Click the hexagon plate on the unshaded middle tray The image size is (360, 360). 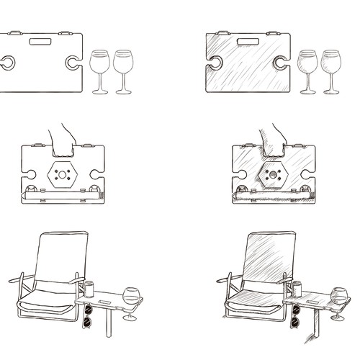[x=63, y=174]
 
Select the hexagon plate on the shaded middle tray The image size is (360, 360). [x=273, y=174]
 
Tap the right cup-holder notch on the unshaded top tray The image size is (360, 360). [x=73, y=63]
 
